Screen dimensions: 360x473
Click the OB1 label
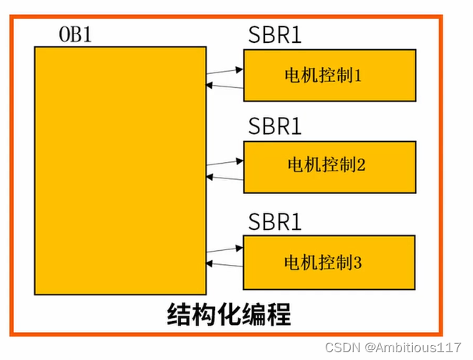point(76,36)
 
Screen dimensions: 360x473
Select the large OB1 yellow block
point(120,170)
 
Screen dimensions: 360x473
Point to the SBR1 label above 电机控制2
point(274,127)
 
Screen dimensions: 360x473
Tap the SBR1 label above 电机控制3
point(274,223)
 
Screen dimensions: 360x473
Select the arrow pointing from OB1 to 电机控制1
point(225,72)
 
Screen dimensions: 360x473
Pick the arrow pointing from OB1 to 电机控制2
point(225,162)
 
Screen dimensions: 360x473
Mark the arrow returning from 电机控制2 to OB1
point(225,178)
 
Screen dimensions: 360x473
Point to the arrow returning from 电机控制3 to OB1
point(225,265)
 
